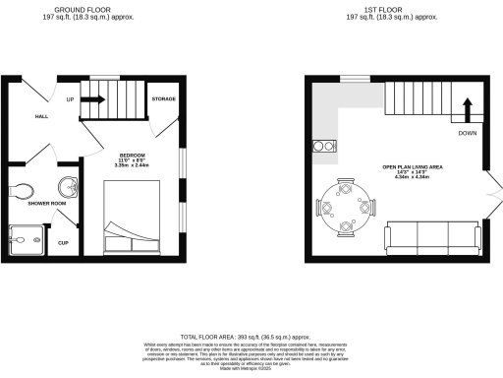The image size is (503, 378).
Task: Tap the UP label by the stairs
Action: pos(71,99)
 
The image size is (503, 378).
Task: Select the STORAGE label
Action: pos(162,99)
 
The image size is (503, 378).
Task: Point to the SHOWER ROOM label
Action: pos(32,203)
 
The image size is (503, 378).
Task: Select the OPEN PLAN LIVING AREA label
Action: pos(412,167)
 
